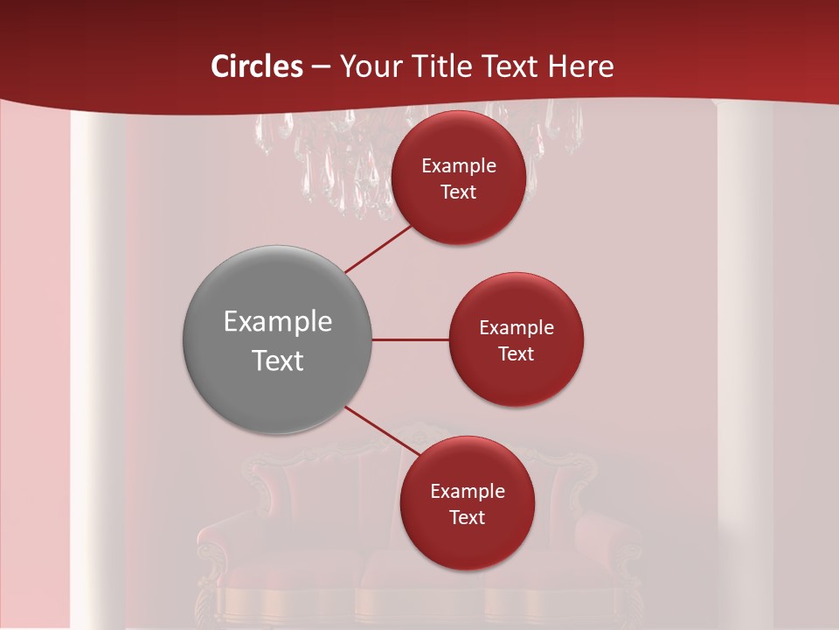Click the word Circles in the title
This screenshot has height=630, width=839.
(x=257, y=66)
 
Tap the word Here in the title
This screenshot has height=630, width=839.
(x=580, y=66)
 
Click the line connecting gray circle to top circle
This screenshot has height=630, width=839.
(x=378, y=248)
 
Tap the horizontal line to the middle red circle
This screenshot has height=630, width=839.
(x=411, y=339)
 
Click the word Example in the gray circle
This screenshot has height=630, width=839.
(x=278, y=322)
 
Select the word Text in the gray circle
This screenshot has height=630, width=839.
(x=278, y=360)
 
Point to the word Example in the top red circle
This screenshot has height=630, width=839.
(x=459, y=166)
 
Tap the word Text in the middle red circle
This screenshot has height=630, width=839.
(x=516, y=354)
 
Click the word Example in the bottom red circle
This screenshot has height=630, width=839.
(x=468, y=492)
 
